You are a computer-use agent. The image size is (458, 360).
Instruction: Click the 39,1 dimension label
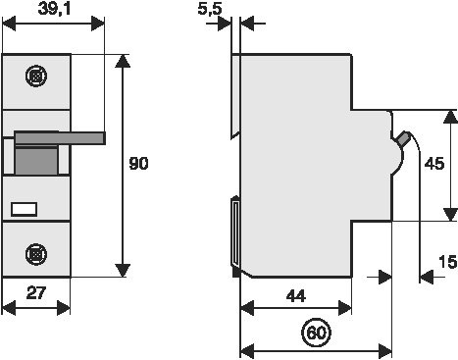(54, 9)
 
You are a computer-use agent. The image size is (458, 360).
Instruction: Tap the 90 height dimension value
(138, 163)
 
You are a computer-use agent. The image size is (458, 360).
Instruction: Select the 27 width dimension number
(36, 292)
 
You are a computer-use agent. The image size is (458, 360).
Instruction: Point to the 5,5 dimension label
(210, 9)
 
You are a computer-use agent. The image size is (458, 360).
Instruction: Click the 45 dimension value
(434, 164)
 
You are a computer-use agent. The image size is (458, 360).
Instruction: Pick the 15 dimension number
(448, 262)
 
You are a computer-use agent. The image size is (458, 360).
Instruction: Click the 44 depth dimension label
(296, 296)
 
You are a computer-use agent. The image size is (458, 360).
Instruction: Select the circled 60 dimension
(316, 333)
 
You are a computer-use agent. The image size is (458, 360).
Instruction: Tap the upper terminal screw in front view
(36, 76)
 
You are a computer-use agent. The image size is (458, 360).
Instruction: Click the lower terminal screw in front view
(36, 254)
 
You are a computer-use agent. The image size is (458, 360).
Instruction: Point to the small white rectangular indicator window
(24, 210)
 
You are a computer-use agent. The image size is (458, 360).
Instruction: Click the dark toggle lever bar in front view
(60, 137)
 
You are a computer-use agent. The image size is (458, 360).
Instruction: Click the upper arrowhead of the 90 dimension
(123, 61)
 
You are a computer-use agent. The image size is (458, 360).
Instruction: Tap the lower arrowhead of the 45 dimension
(450, 214)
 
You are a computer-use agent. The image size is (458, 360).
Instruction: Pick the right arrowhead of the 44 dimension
(345, 308)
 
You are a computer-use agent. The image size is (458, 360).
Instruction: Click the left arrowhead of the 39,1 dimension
(9, 24)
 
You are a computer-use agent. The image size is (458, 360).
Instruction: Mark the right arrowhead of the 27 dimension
(64, 308)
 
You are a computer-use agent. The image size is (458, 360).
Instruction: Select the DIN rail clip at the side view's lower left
(235, 236)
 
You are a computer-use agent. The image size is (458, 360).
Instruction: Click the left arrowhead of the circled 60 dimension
(247, 351)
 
